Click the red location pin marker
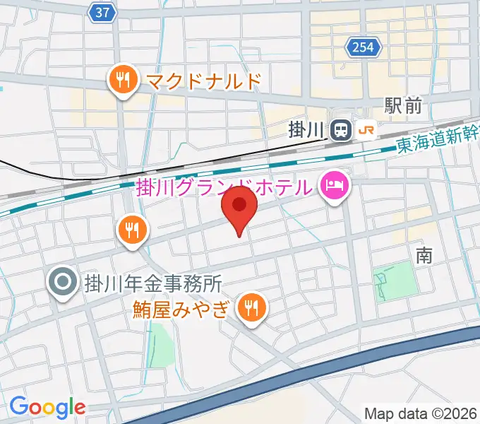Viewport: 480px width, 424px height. point(240,207)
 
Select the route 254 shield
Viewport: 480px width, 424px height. point(364,48)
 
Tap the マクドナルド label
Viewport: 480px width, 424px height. point(204,81)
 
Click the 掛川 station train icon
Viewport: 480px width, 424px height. point(342,129)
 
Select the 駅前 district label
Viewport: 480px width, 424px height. point(403,106)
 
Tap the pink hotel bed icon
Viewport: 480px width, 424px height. point(334,187)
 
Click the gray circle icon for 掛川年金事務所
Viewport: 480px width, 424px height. point(62,283)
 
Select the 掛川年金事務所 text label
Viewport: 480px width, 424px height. point(153,284)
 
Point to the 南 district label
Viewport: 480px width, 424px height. point(424,255)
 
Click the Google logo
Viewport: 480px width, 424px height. point(47,406)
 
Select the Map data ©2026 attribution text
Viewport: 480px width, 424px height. point(421,413)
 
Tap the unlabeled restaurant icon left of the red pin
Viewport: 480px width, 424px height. point(132,229)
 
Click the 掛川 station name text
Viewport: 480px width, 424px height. point(307,130)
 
